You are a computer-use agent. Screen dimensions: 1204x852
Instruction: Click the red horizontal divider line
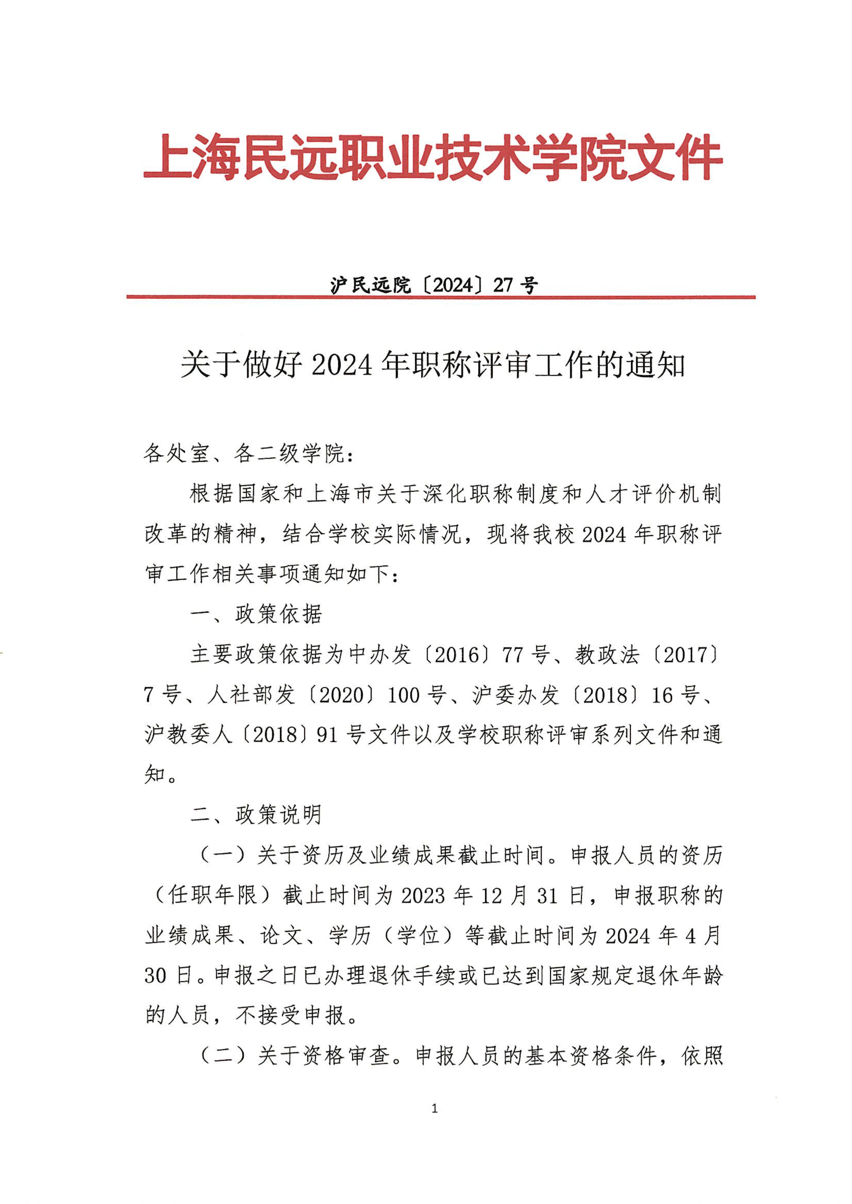click(441, 297)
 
